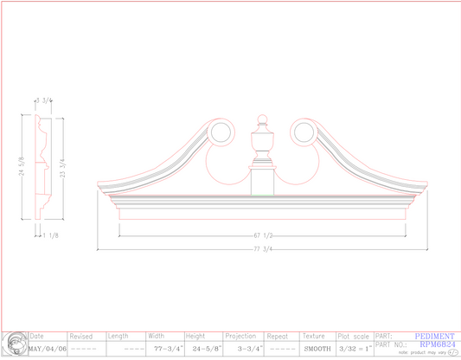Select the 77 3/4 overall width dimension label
pos(264,249)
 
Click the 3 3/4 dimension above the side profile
pos(43,100)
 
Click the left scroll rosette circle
pos(221,132)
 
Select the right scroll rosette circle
pos(303,132)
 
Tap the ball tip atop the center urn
pos(262,118)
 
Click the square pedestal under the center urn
pos(262,182)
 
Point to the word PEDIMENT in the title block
pos(435,337)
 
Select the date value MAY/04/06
pos(48,349)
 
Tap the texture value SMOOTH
pos(317,349)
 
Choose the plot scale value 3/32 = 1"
pos(355,349)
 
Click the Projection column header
pos(240,337)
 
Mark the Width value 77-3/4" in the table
pos(165,349)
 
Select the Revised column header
pos(81,337)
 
